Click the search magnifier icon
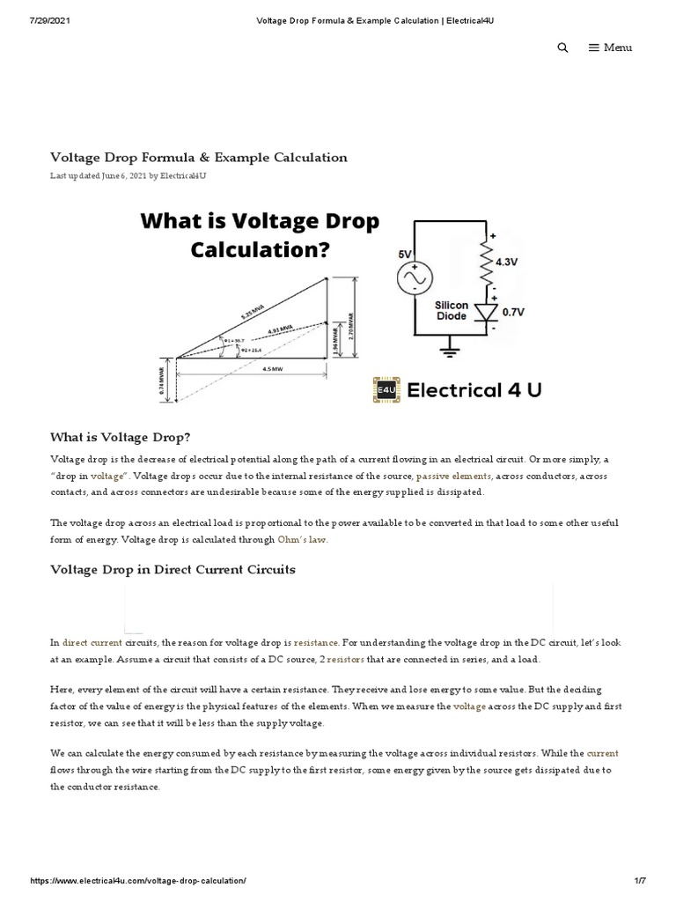click(x=562, y=48)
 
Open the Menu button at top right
click(x=610, y=48)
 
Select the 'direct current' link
click(x=92, y=644)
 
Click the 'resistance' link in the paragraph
click(x=316, y=644)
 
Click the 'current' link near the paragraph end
click(x=602, y=753)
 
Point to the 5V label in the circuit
click(x=406, y=254)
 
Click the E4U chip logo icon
click(x=386, y=388)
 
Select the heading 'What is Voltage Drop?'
click(x=121, y=437)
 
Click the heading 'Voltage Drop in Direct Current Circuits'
click(x=173, y=570)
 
